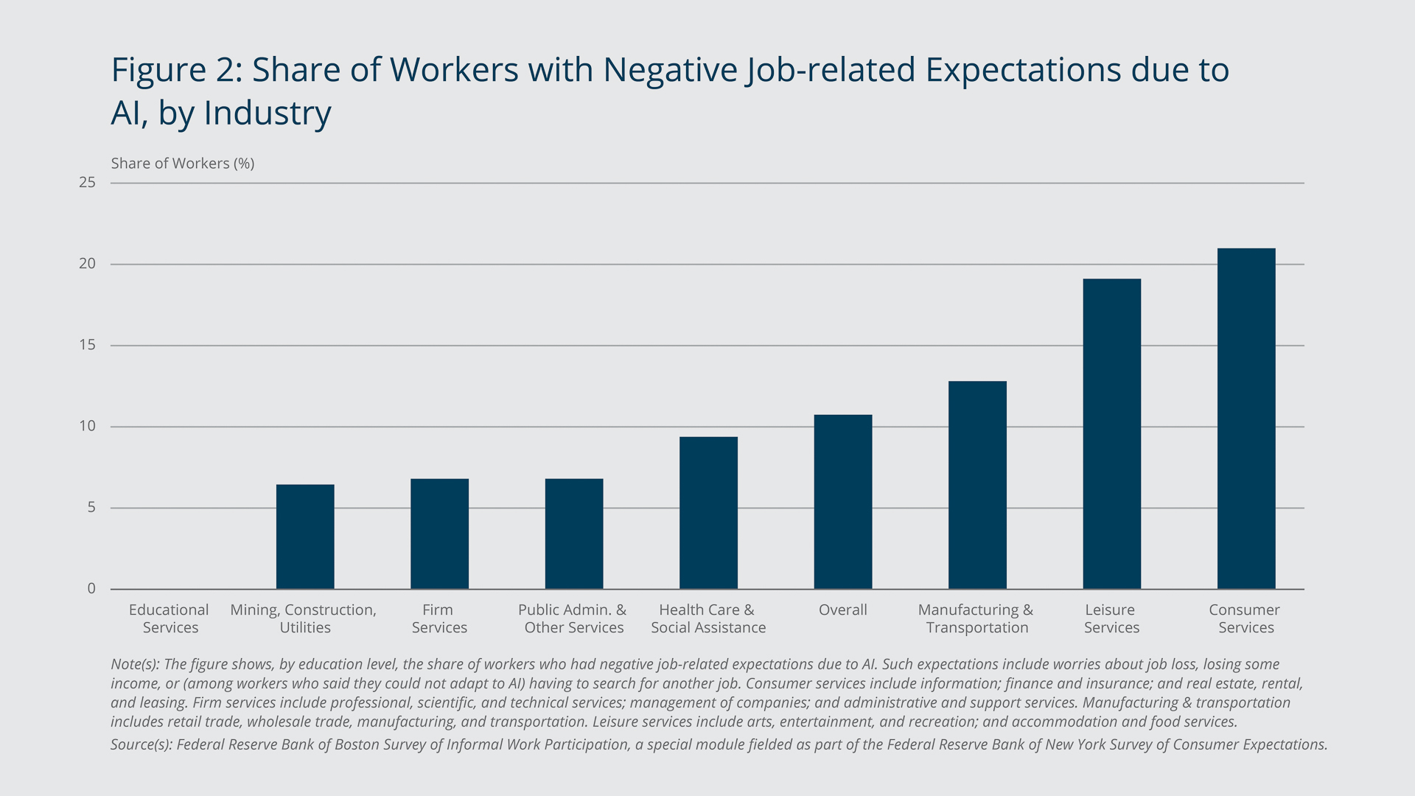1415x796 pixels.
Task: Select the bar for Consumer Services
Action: coord(1245,419)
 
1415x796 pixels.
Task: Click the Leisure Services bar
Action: coord(1111,434)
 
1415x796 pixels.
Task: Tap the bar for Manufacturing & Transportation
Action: coord(977,485)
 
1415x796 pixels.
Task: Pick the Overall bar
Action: coord(842,502)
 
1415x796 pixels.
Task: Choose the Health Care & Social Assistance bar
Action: coord(708,513)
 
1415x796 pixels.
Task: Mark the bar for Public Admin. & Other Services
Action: coord(574,534)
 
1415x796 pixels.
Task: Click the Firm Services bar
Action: coord(439,534)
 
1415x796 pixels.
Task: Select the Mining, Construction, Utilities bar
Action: coord(305,537)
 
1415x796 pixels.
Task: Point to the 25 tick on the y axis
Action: coord(88,183)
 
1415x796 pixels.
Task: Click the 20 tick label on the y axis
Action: coord(88,264)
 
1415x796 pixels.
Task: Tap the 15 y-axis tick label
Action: coord(88,345)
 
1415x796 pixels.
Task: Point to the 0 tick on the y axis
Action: coord(91,588)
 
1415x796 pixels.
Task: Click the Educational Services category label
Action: coord(170,618)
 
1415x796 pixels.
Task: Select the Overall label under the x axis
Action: coord(842,610)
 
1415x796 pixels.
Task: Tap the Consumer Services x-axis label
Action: coord(1245,618)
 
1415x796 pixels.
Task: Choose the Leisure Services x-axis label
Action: coord(1111,618)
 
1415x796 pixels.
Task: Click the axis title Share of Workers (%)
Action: coord(183,164)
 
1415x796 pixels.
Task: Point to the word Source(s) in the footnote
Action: coord(141,744)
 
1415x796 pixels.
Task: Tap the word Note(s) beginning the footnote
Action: coord(135,664)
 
